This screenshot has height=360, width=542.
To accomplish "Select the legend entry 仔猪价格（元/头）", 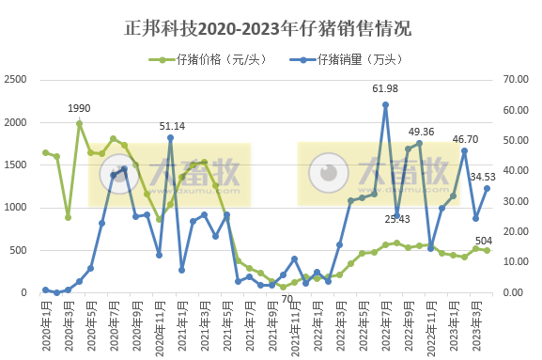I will coord(208,60).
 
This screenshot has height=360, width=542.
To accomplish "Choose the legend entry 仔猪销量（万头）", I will coord(358,60).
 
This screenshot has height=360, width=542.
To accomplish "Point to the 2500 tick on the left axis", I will coord(17,80).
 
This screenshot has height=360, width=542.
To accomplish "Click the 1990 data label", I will coord(79,108).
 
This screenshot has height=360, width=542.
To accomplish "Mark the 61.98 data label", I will coord(385,88).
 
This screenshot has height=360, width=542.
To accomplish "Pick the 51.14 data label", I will coord(171,125).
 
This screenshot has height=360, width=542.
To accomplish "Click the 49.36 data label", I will coord(420,131).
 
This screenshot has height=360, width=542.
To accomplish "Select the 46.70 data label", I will coord(465,138).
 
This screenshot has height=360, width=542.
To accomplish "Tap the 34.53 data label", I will coord(483,176).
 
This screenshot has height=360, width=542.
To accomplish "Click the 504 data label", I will coord(483,240).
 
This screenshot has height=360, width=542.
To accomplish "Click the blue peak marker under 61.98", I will coord(385,105).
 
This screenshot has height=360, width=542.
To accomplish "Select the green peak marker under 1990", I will coord(79,123).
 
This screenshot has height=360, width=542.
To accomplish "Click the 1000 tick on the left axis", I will coord(17,208).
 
